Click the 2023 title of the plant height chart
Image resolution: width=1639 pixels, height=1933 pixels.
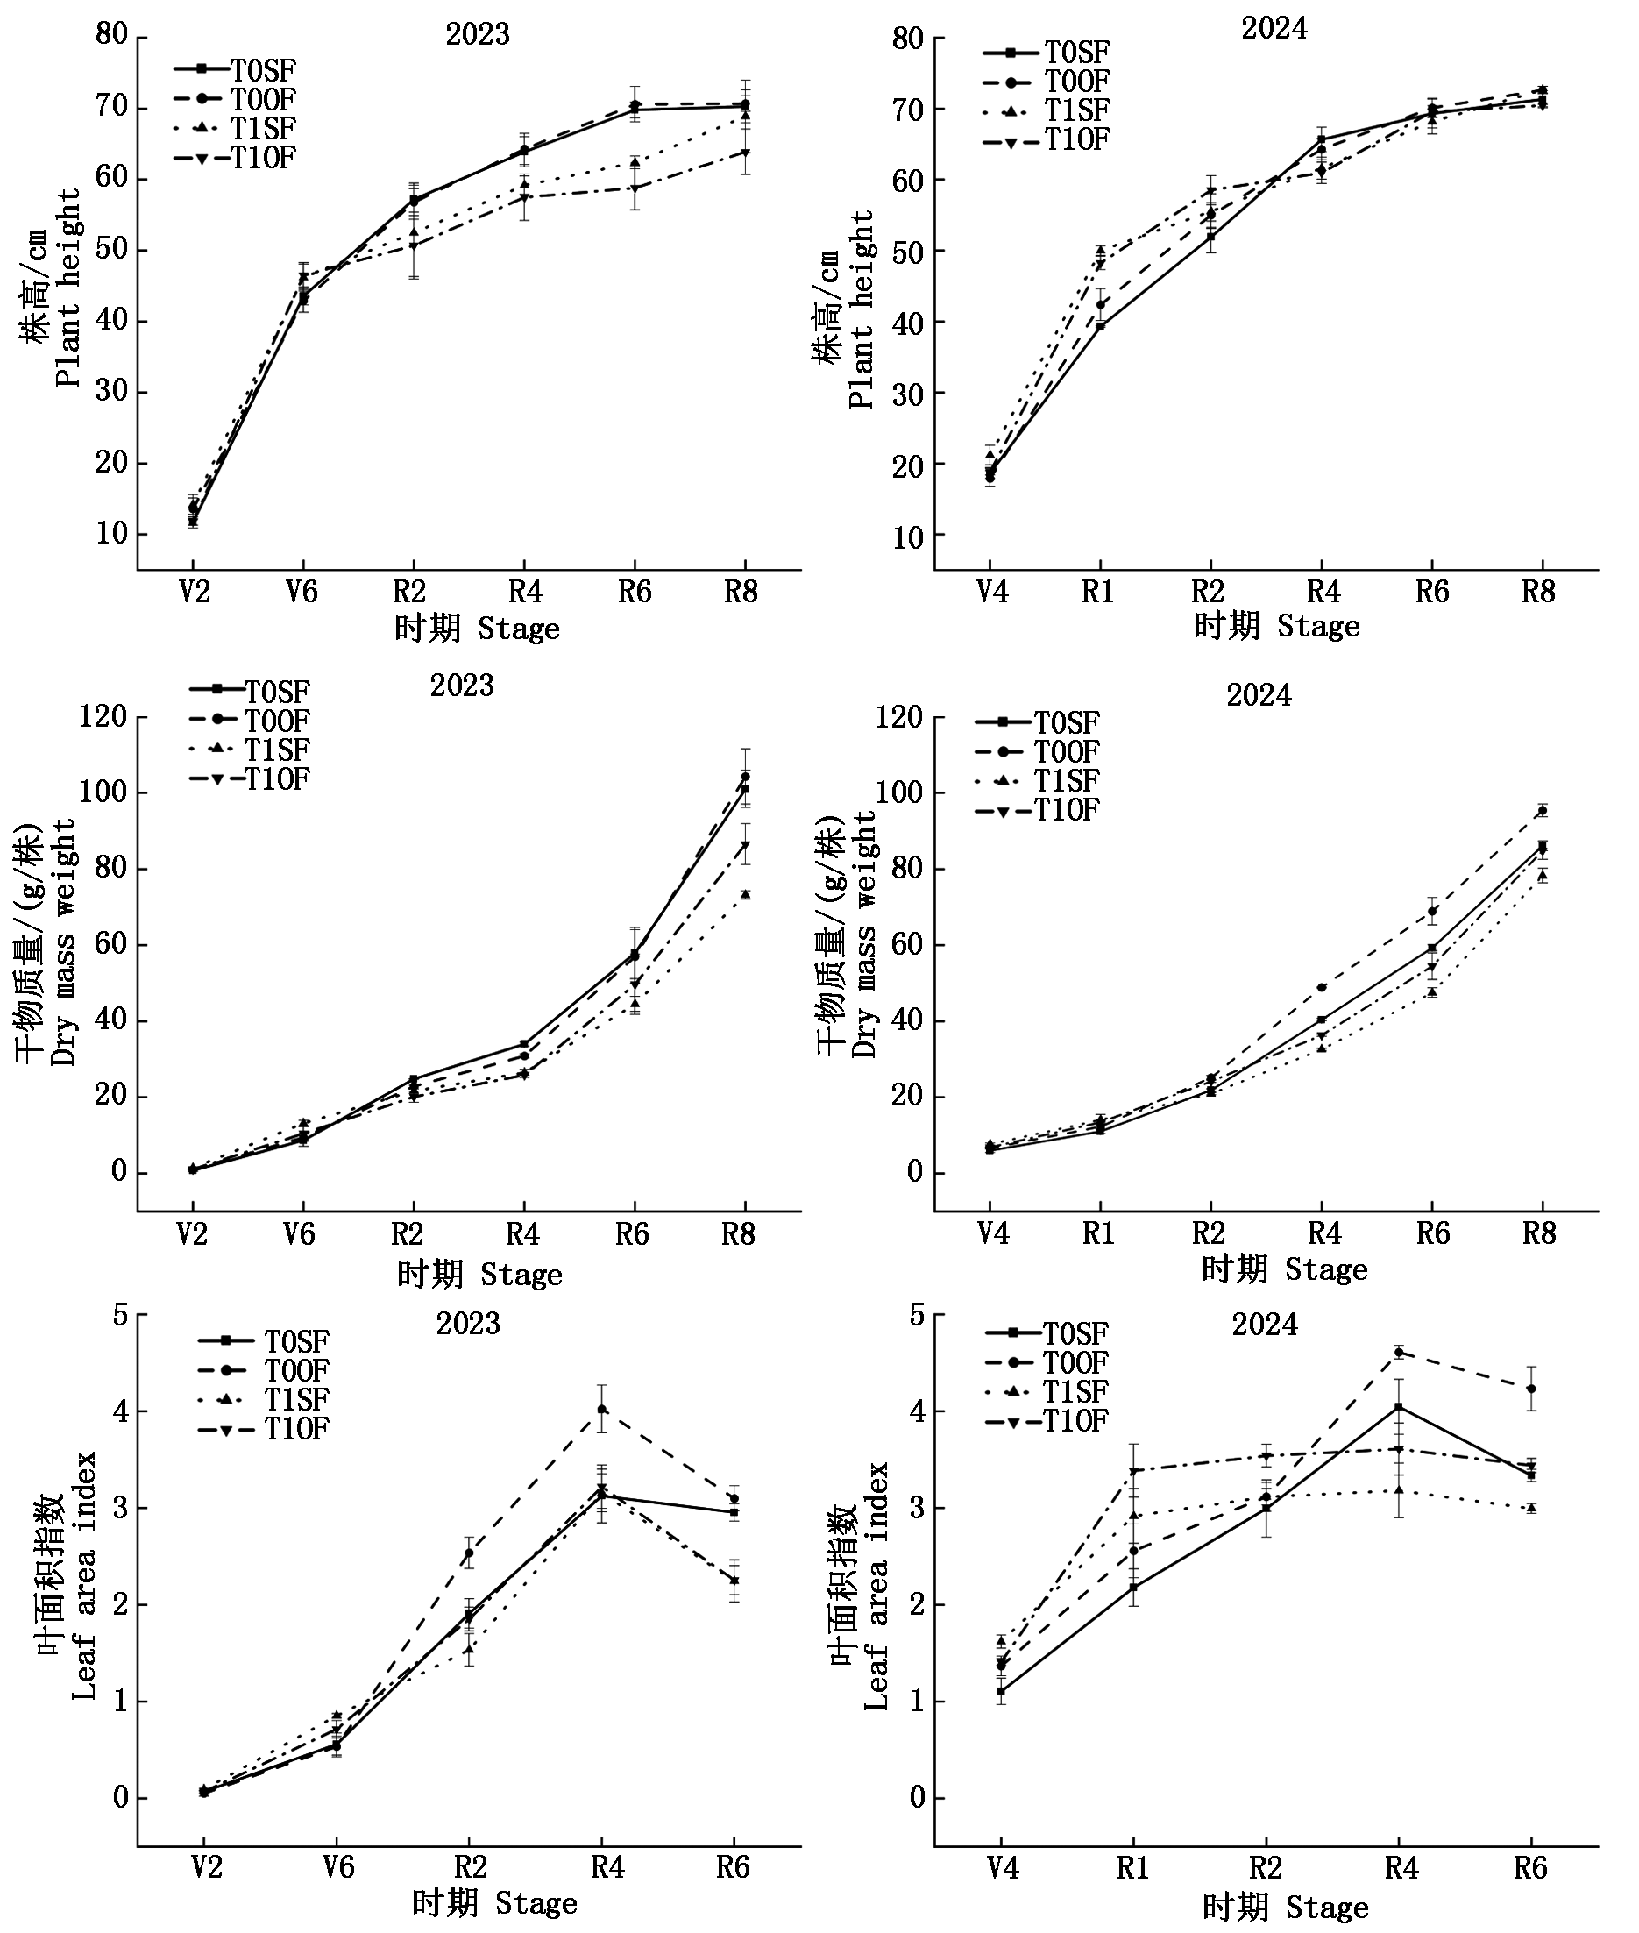click(x=478, y=34)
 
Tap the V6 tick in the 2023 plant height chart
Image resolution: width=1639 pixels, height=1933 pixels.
click(x=301, y=592)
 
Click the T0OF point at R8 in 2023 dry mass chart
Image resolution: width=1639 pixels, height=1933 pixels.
click(x=745, y=776)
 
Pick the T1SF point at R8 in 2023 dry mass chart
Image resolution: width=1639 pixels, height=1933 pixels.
click(x=745, y=894)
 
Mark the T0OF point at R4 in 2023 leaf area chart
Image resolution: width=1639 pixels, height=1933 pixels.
click(x=602, y=1409)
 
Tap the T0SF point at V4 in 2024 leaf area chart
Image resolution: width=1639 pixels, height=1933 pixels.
click(x=1001, y=1691)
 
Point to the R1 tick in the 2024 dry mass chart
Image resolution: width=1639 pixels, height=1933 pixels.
click(x=1098, y=1233)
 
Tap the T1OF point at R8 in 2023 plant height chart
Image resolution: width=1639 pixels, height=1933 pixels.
click(x=745, y=153)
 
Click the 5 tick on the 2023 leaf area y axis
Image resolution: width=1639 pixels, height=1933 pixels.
click(x=120, y=1316)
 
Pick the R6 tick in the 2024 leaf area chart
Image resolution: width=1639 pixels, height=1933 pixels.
click(x=1530, y=1867)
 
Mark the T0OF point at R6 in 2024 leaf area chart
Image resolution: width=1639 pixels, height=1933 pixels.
click(x=1531, y=1389)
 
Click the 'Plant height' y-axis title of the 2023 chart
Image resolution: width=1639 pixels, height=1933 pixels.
click(x=68, y=288)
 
